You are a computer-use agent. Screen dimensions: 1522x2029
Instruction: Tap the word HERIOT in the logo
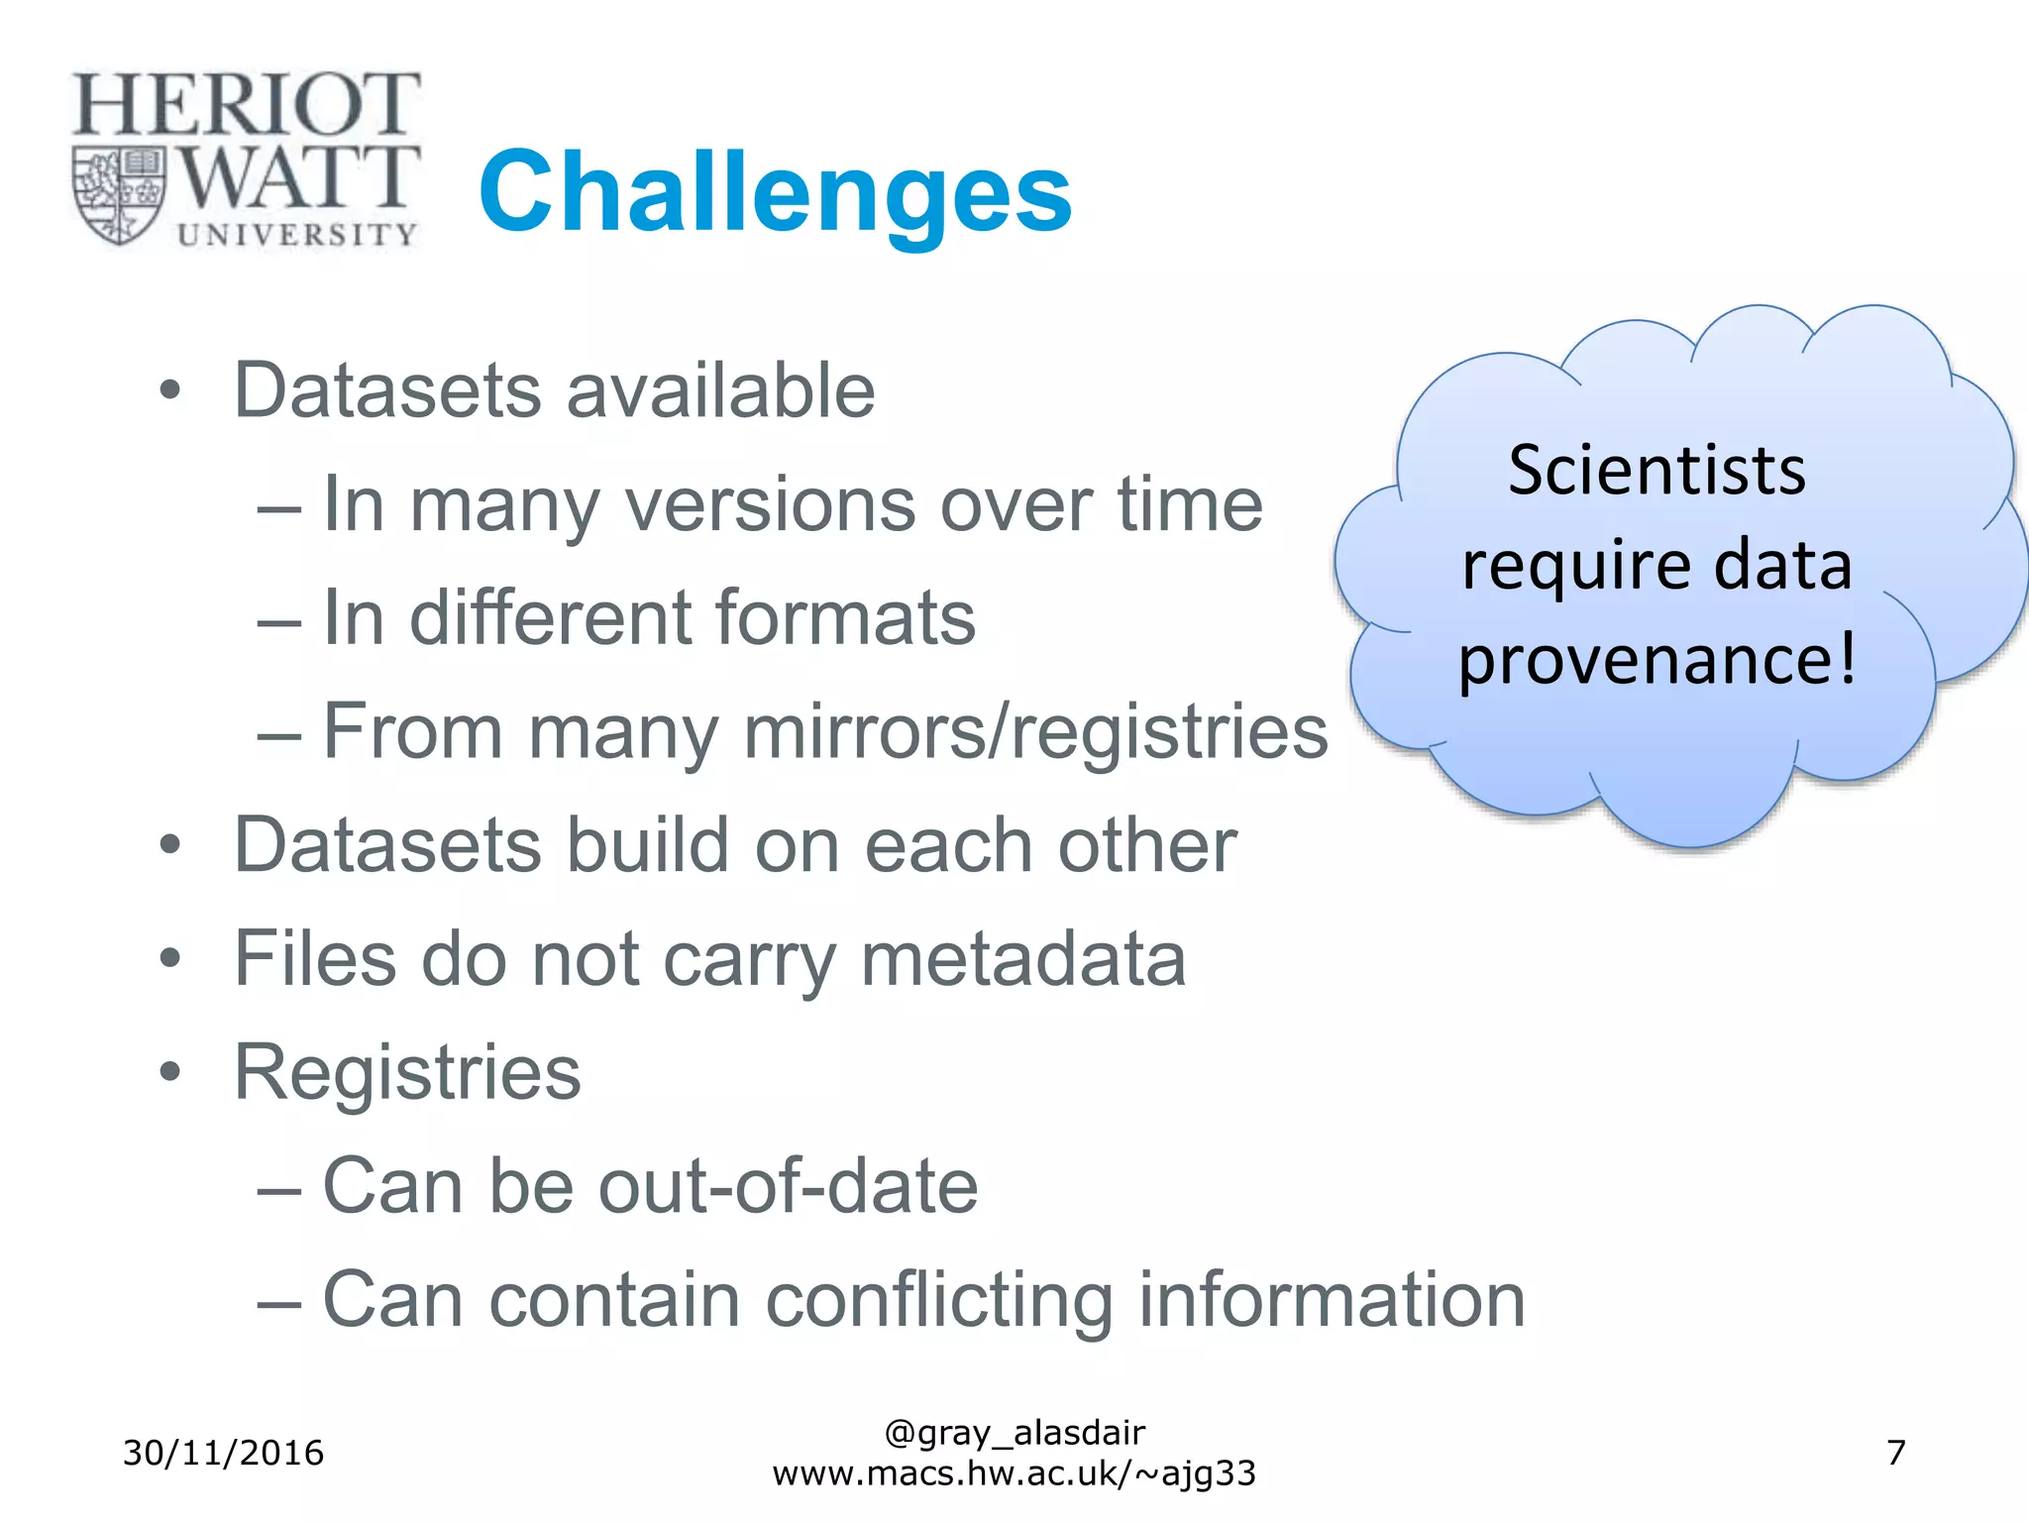tap(246, 105)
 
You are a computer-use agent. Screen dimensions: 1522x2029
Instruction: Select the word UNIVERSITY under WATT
tap(297, 234)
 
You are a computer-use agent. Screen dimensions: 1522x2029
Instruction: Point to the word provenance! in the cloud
tap(1656, 660)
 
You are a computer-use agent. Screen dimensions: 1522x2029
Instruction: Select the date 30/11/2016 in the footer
tap(223, 1453)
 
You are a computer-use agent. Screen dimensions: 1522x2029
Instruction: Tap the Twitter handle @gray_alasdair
tap(1014, 1433)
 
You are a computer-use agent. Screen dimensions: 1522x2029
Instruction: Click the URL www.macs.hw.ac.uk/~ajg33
tap(1014, 1473)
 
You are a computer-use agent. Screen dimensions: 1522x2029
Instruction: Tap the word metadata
tap(1023, 958)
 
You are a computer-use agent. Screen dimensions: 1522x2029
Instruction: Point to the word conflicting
tap(939, 1300)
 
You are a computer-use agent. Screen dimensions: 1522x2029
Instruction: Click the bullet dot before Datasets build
tap(170, 845)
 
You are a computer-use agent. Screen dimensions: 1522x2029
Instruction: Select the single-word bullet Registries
tap(407, 1072)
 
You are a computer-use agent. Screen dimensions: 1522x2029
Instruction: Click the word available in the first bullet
tap(720, 390)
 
